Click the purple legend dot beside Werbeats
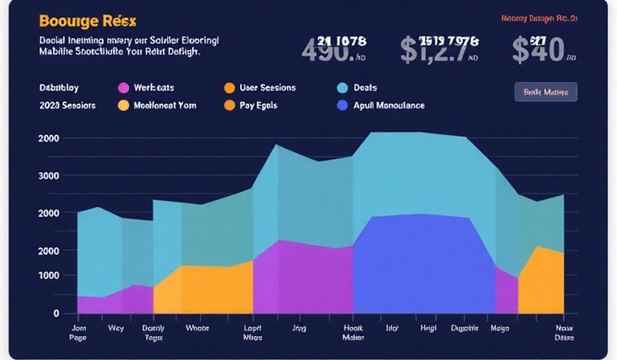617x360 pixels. click(123, 88)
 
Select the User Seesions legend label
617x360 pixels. click(268, 88)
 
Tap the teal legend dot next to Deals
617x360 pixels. click(341, 88)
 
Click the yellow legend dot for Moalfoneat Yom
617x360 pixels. click(123, 105)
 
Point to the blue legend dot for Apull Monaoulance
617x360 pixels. click(341, 105)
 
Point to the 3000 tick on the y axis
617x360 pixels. click(48, 175)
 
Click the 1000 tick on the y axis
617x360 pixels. click(48, 276)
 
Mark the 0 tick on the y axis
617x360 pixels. click(55, 313)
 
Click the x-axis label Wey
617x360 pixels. click(116, 328)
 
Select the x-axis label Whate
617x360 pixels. click(197, 328)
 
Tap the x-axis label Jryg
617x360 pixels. click(299, 328)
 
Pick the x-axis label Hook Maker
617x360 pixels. click(353, 333)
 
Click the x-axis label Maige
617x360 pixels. click(499, 328)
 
